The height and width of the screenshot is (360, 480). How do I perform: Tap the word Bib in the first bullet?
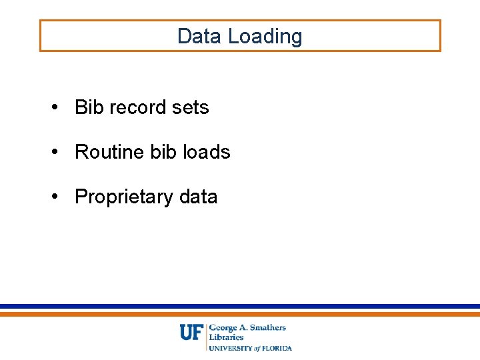pos(88,107)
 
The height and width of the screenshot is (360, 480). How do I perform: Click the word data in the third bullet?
pos(198,197)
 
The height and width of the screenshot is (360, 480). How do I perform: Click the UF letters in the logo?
pos(191,332)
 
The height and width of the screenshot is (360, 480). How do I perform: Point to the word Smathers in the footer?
pos(269,327)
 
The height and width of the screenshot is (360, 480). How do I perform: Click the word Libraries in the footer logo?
pos(227,337)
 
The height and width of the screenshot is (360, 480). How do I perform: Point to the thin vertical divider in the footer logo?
pos(206,337)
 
